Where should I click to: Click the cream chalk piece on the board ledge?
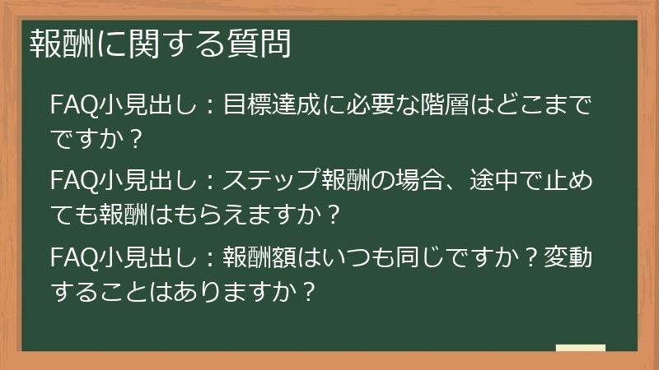tap(580, 348)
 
